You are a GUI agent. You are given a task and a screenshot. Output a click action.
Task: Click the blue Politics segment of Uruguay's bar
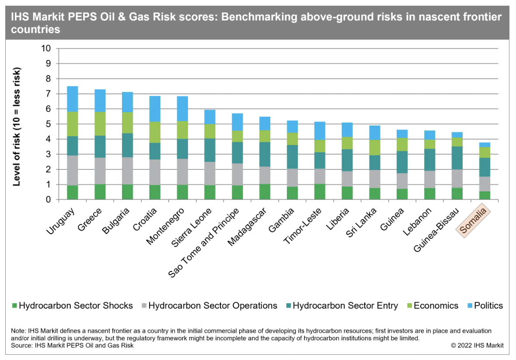coord(69,99)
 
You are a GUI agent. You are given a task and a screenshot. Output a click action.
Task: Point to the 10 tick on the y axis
coord(46,48)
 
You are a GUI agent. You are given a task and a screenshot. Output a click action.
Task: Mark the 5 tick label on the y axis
coord(49,124)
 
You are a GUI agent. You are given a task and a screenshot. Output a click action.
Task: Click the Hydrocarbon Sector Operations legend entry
coord(213,306)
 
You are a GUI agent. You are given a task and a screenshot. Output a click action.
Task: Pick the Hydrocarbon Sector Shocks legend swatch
coord(15,306)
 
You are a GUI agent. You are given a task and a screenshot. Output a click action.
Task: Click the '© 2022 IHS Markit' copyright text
coord(477,346)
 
